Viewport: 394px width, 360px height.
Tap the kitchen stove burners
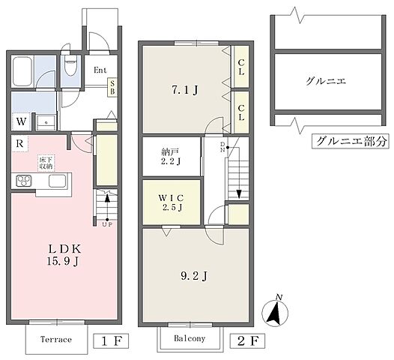tap(22, 181)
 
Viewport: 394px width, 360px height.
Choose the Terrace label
tap(57, 340)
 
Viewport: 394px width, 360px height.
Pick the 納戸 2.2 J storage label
tap(172, 154)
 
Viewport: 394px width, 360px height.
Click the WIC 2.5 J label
tap(172, 202)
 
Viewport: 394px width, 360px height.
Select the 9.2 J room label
tap(193, 275)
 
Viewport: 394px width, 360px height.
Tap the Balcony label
tap(191, 339)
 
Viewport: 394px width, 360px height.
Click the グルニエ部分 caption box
tap(350, 140)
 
